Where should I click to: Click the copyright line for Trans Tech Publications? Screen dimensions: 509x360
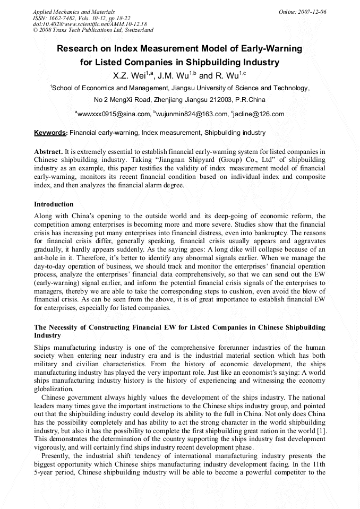coord(93,31)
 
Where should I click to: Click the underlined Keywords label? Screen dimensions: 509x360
coord(50,133)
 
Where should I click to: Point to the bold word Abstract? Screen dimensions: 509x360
coord(48,151)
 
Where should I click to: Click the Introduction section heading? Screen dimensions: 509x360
coord(54,204)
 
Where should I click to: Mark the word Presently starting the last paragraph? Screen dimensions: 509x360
coord(58,455)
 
